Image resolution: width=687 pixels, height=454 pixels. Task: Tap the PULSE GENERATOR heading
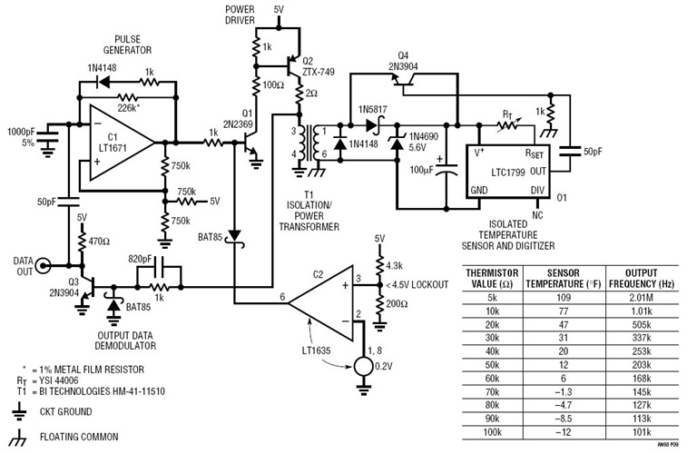pyautogui.click(x=128, y=45)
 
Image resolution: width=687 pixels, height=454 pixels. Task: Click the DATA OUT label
pyautogui.click(x=17, y=265)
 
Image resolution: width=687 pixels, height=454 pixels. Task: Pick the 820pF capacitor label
pyautogui.click(x=149, y=257)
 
